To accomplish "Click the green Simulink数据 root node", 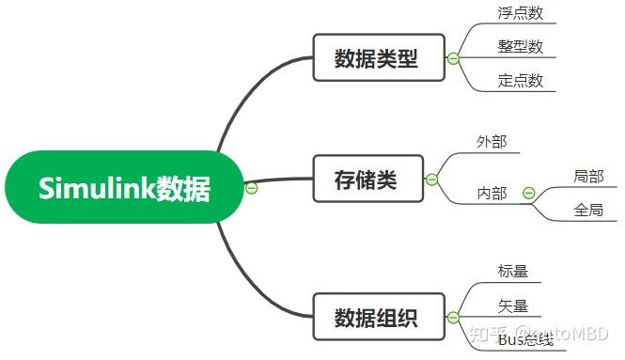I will (124, 187).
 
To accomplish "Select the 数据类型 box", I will (375, 59).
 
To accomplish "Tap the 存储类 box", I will (366, 180).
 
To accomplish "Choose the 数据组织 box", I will (375, 318).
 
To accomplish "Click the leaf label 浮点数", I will (521, 14).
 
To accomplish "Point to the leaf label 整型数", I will (521, 47).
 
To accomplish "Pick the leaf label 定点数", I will (521, 81).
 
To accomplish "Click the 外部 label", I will (492, 142).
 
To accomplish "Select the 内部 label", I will (492, 194).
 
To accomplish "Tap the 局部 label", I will (588, 176).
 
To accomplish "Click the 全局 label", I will (588, 211).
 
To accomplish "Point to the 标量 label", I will (512, 272).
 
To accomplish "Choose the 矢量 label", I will (512, 305).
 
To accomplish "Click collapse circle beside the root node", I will (251, 187).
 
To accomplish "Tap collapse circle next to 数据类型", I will (453, 59).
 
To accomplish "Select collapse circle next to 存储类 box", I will (431, 180).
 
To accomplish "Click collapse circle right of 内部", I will (528, 194).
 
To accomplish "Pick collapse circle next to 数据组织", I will (453, 318).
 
